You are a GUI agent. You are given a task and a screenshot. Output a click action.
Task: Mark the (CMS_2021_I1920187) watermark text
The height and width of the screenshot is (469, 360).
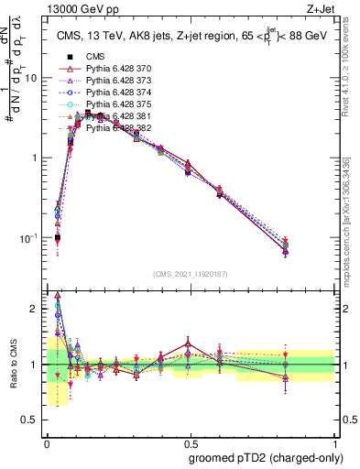click(189, 274)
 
